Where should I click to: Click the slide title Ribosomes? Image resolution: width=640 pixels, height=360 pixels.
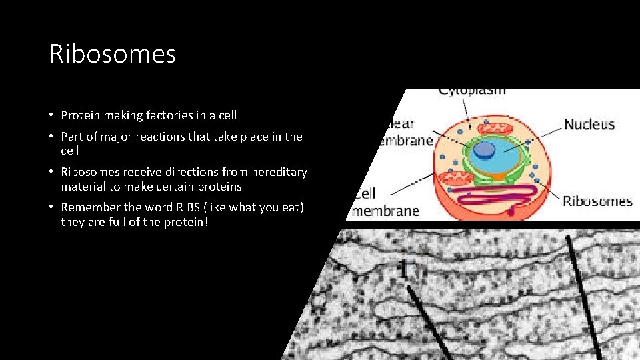point(113,54)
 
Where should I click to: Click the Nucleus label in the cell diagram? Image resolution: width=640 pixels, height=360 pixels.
point(589,124)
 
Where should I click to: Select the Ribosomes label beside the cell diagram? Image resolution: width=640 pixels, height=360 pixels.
point(597,201)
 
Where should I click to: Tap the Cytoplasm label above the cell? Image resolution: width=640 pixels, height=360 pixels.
point(472,91)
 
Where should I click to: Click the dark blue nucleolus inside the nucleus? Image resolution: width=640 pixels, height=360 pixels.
point(484,151)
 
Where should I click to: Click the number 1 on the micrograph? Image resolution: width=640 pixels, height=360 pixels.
point(403,269)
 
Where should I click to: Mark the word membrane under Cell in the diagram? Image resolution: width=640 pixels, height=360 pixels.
point(385,211)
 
